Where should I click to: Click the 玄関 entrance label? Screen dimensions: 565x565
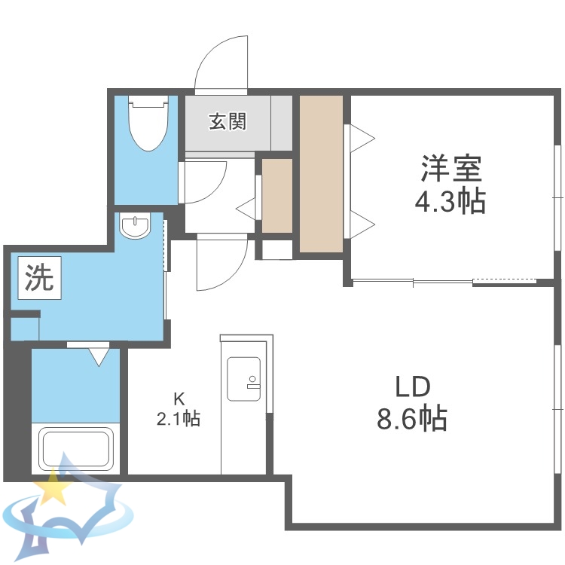228,121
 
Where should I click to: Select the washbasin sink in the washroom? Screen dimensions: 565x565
136,225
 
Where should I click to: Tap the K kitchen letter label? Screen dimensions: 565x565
179,399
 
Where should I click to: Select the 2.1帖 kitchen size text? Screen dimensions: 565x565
179,419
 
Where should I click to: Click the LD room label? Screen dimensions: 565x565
412,387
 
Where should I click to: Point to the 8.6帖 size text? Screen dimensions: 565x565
412,417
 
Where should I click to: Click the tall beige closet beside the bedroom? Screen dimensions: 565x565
322,173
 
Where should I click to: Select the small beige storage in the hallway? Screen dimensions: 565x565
277,195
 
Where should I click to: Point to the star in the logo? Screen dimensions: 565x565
53,489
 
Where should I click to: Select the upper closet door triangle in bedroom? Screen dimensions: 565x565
362,137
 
